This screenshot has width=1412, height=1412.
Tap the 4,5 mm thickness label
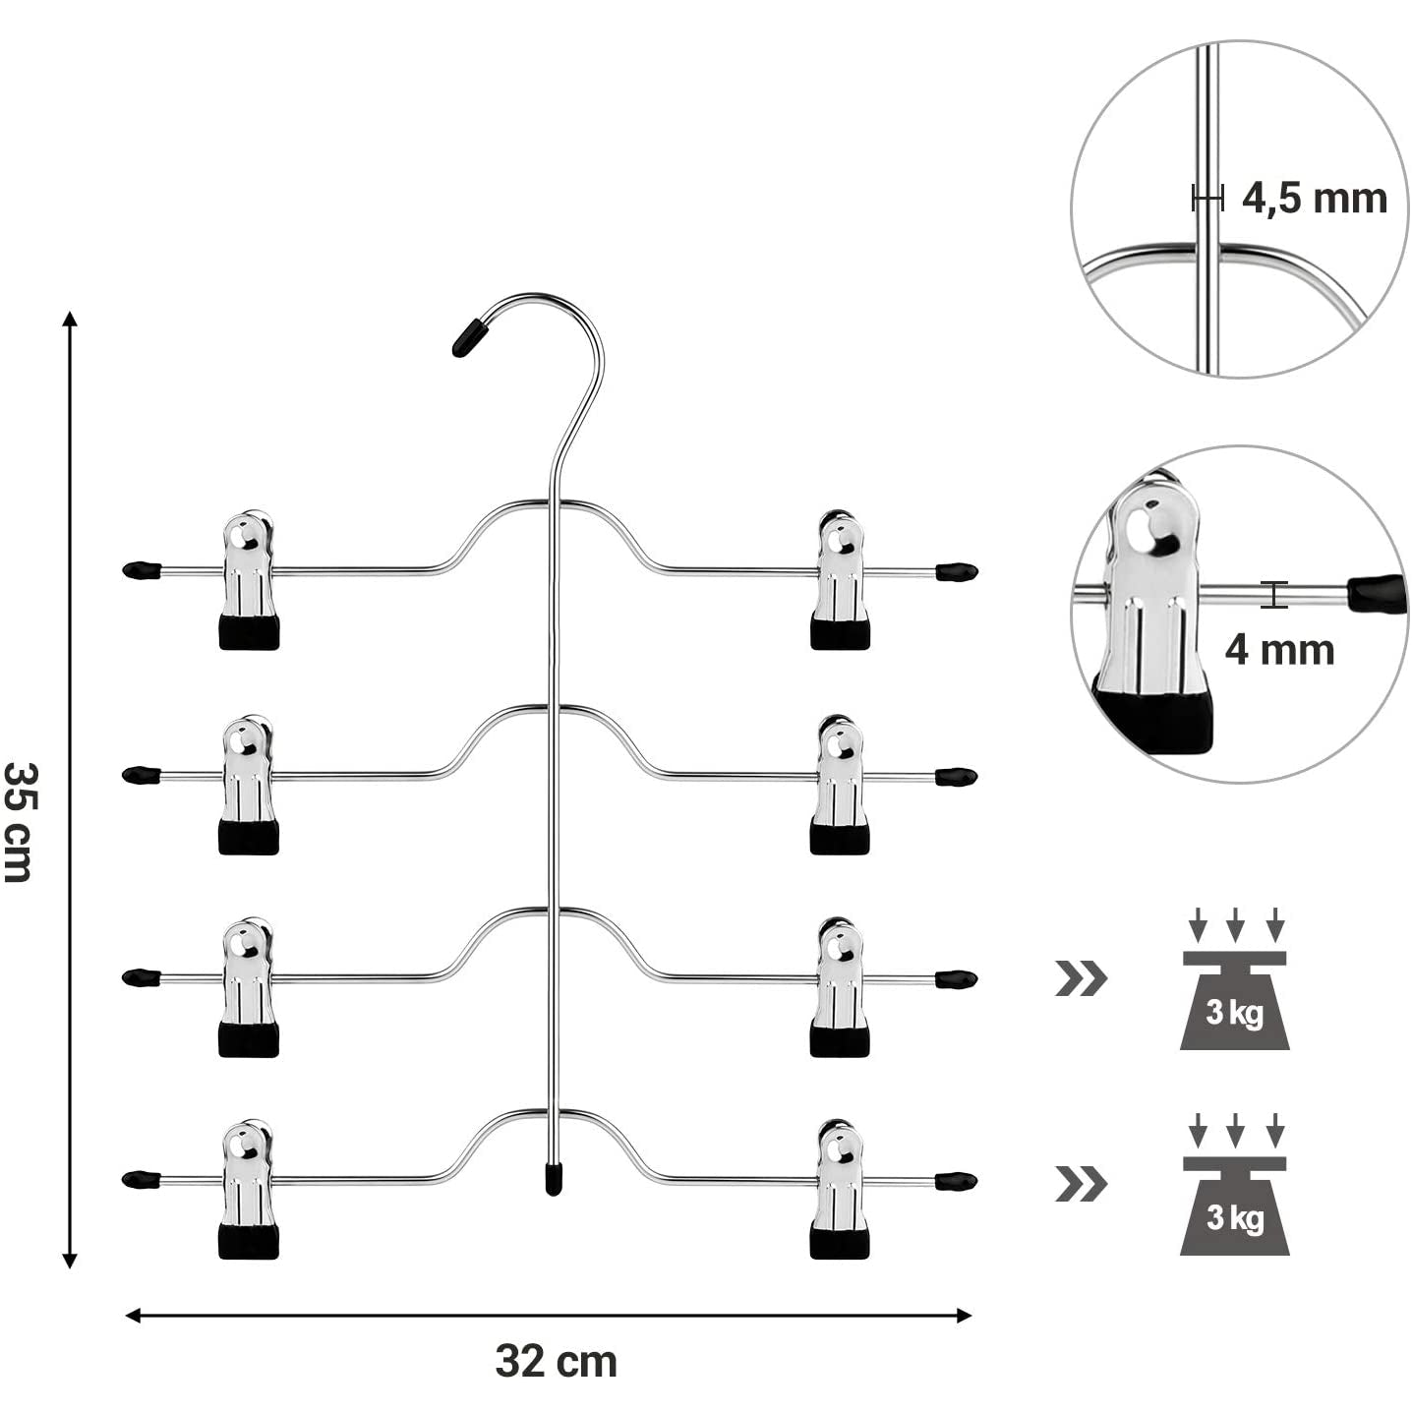pyautogui.click(x=1314, y=199)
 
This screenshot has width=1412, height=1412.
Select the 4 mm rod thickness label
pyautogui.click(x=1278, y=650)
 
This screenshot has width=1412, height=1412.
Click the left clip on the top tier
pyautogui.click(x=249, y=579)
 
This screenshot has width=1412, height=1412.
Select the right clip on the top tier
pyautogui.click(x=840, y=579)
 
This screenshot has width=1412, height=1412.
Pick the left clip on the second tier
pyautogui.click(x=249, y=784)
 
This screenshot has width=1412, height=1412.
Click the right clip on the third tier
pyautogui.click(x=840, y=987)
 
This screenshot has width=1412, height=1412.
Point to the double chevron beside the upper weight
pyautogui.click(x=1081, y=978)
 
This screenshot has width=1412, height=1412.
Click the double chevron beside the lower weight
pyautogui.click(x=1081, y=1183)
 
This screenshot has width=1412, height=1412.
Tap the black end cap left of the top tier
pyautogui.click(x=143, y=569)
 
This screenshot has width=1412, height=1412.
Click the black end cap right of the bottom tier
pyautogui.click(x=956, y=1180)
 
